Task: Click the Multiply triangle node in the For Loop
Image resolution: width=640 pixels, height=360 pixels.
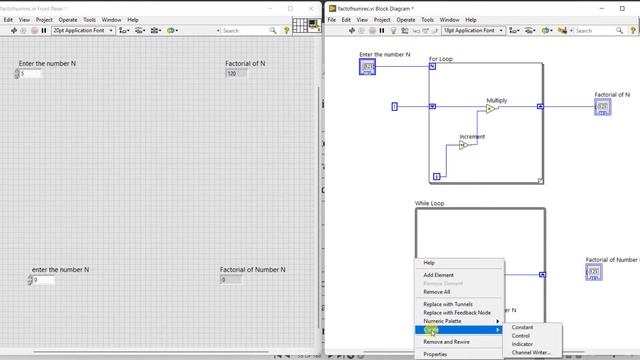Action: (x=492, y=108)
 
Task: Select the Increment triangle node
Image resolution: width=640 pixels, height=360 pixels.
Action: (x=464, y=145)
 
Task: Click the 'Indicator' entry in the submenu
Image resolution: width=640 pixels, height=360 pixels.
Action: (x=522, y=344)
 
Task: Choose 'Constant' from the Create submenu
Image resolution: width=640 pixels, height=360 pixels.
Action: (x=522, y=327)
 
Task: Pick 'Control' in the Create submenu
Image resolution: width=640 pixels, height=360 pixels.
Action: (x=521, y=336)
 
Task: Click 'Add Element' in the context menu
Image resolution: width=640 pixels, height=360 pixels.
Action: (x=438, y=275)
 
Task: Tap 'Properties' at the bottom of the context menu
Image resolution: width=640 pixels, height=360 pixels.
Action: (x=435, y=354)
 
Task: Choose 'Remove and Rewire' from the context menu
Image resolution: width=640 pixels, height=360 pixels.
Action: (x=446, y=342)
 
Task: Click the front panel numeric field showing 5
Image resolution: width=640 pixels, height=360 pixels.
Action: (x=30, y=74)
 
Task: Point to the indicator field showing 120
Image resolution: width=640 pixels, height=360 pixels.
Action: (x=236, y=74)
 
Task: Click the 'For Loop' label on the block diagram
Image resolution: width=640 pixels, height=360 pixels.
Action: (x=440, y=59)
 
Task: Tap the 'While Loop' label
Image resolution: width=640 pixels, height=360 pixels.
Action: (x=429, y=204)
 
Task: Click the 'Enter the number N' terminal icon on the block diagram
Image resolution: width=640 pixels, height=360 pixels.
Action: (x=367, y=67)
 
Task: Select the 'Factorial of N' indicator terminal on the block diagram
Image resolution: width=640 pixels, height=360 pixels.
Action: (x=603, y=106)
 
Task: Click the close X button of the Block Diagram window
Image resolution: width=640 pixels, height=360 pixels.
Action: (x=630, y=7)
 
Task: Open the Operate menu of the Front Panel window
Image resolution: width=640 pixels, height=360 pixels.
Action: (x=67, y=19)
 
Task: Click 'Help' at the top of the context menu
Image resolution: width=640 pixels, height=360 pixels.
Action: (x=429, y=263)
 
